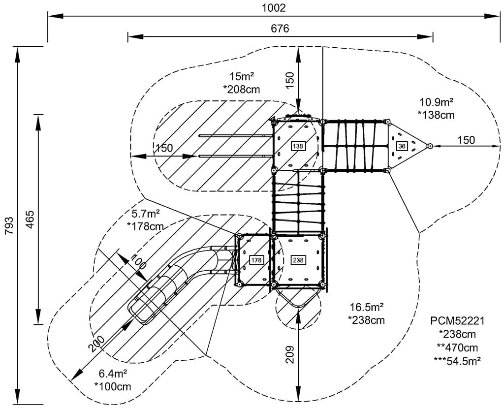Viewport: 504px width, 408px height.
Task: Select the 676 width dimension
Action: point(280,29)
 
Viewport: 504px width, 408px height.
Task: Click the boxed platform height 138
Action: point(298,146)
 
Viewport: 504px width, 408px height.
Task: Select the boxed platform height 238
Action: point(298,260)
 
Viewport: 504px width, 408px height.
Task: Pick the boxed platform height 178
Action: point(256,260)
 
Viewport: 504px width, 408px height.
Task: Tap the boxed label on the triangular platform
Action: point(402,146)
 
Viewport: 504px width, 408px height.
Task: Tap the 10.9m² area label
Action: point(436,102)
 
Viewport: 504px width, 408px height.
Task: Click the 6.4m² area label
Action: point(113,374)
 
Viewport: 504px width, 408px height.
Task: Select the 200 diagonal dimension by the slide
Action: point(97,343)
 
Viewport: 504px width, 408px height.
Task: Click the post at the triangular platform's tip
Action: point(430,146)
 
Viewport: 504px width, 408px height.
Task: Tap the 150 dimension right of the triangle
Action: point(466,140)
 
